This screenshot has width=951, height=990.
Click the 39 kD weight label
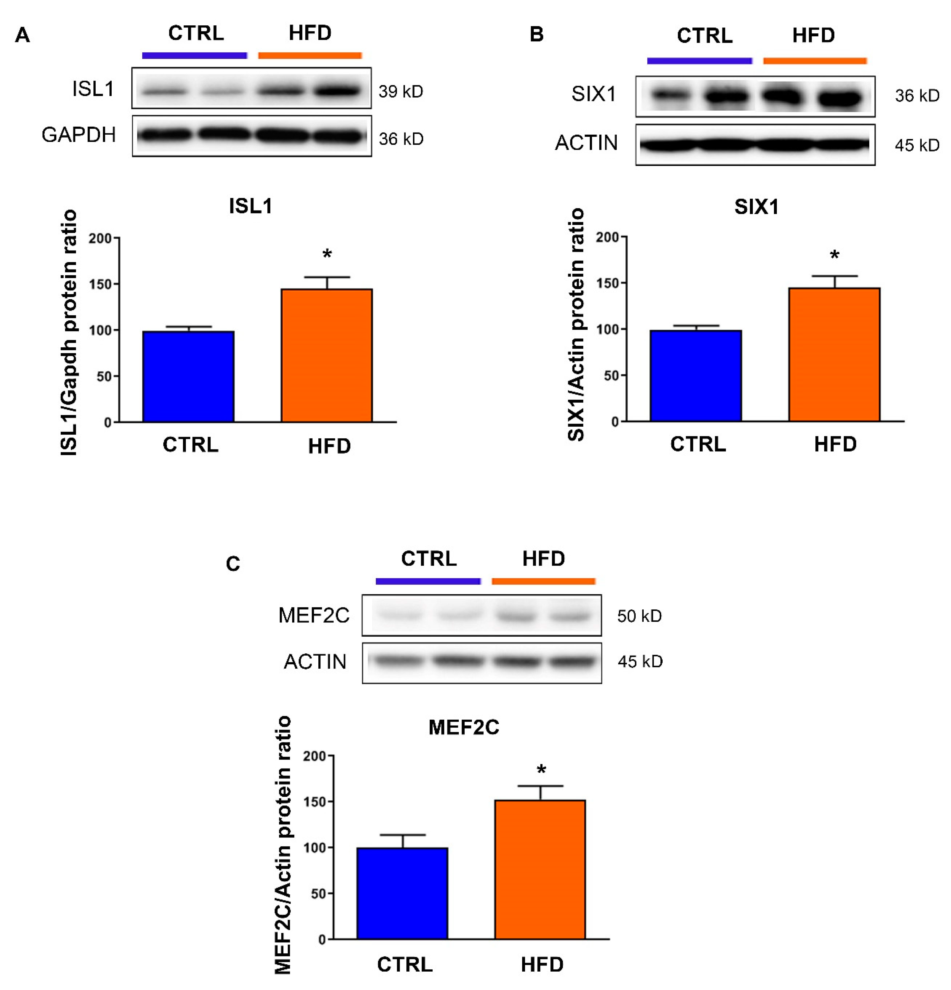(401, 91)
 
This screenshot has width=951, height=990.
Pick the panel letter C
(233, 564)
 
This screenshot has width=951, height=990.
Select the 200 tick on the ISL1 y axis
(100, 238)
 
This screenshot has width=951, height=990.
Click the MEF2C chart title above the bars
(463, 727)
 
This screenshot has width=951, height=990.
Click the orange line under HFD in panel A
(310, 55)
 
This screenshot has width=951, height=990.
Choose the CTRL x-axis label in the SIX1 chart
(698, 444)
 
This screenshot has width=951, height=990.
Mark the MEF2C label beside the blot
(314, 615)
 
